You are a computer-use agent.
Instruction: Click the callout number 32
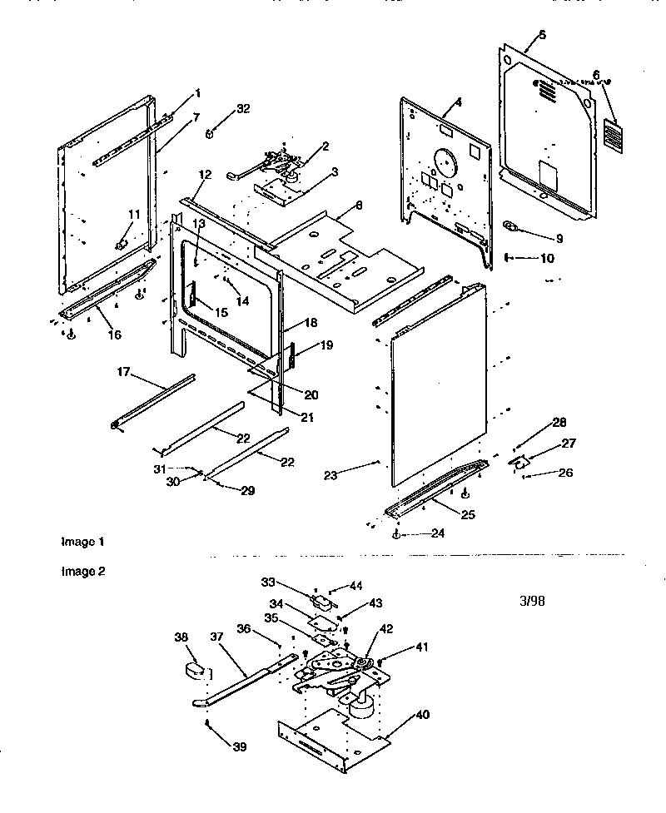tap(243, 109)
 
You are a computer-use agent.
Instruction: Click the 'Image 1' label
tap(82, 542)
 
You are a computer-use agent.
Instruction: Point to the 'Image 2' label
tap(82, 572)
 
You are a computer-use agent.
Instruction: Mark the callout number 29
tap(248, 492)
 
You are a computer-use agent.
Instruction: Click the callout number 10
tap(546, 259)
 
